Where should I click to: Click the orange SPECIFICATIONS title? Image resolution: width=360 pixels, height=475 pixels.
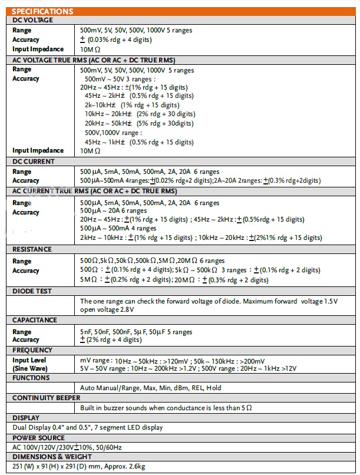pyautogui.click(x=43, y=11)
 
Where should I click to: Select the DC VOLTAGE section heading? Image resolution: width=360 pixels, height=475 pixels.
pyautogui.click(x=33, y=20)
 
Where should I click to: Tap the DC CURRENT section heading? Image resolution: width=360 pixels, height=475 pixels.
pyautogui.click(x=34, y=161)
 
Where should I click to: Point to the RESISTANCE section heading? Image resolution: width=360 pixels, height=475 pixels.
pyautogui.click(x=32, y=249)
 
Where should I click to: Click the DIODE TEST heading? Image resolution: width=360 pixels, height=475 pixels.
pyautogui.click(x=32, y=291)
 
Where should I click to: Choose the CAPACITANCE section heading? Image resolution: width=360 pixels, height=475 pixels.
pyautogui.click(x=35, y=320)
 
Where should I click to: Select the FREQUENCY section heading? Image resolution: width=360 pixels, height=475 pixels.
pyautogui.click(x=32, y=350)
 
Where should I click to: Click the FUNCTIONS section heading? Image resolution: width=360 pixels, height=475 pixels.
pyautogui.click(x=32, y=378)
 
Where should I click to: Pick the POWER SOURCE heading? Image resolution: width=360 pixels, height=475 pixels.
pyautogui.click(x=39, y=438)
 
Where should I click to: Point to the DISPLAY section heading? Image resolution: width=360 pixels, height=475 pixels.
pyautogui.click(x=26, y=417)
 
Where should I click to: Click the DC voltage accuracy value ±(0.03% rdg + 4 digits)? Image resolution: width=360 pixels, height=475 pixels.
pyautogui.click(x=115, y=39)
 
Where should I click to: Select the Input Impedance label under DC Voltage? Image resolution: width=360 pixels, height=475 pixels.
pyautogui.click(x=38, y=50)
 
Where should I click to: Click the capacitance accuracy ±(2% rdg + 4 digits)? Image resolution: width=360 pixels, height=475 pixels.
pyautogui.click(x=111, y=340)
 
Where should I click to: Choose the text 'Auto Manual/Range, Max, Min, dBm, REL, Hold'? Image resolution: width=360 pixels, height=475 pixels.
pyautogui.click(x=151, y=388)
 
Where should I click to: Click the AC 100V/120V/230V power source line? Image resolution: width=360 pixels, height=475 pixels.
pyautogui.click(x=69, y=447)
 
